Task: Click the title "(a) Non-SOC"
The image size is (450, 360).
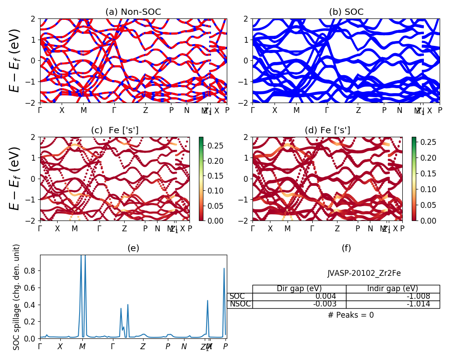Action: pyautogui.click(x=133, y=12)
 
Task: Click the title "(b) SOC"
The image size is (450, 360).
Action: pyautogui.click(x=346, y=12)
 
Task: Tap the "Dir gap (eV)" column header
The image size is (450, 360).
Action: pyautogui.click(x=299, y=289)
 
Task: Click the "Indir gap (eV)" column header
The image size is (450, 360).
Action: pyautogui.click(x=392, y=289)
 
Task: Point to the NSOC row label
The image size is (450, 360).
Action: pyautogui.click(x=240, y=304)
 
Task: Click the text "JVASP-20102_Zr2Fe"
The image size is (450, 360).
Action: pyautogui.click(x=364, y=273)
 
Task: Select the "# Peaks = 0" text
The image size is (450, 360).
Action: pyautogui.click(x=351, y=315)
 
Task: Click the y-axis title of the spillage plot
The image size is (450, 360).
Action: pyautogui.click(x=17, y=297)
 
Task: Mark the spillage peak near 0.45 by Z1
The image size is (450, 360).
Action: pyautogui.click(x=207, y=301)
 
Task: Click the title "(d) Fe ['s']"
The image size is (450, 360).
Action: pyautogui.click(x=327, y=130)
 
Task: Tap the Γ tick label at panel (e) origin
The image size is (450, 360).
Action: pyautogui.click(x=40, y=346)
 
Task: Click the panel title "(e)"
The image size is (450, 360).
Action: pyautogui.click(x=133, y=248)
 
